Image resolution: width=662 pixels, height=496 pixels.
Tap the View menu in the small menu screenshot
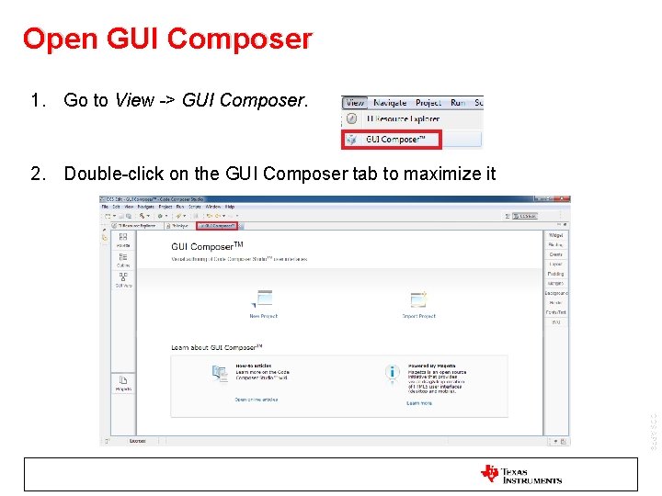pos(355,103)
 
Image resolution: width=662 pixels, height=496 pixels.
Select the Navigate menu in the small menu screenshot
pos(390,103)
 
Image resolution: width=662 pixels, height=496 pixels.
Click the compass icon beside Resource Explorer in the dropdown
pos(351,119)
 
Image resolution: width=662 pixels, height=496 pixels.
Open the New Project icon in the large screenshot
pos(264,299)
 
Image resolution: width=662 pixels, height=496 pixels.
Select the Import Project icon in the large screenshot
pos(418,299)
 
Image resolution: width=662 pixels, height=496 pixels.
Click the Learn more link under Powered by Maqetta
pos(419,403)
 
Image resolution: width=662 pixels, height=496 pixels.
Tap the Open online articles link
pos(256,400)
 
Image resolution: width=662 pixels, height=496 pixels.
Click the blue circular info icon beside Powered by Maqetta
pos(393,373)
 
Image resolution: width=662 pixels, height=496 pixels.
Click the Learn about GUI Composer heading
pos(217,346)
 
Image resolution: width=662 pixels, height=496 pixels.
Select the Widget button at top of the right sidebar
pos(555,236)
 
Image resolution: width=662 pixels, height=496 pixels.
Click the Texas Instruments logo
pos(520,474)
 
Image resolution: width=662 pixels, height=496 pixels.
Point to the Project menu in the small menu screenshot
pos(428,103)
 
